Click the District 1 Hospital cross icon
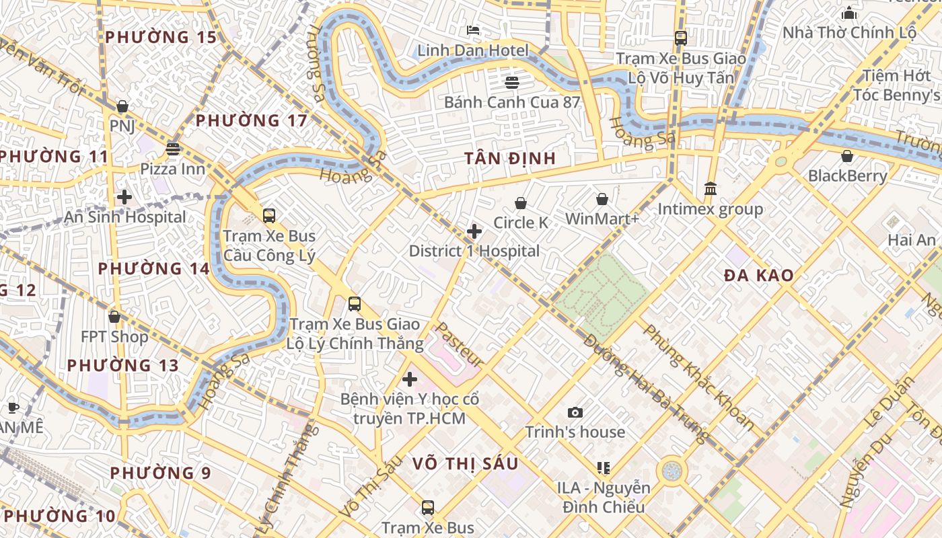click(474, 231)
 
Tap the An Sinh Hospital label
click(124, 217)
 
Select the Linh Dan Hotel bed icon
click(473, 30)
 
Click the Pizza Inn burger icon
click(173, 149)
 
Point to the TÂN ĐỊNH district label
click(510, 159)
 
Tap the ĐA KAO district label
click(758, 275)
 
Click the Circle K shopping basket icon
click(520, 203)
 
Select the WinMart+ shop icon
click(602, 199)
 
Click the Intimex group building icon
click(710, 189)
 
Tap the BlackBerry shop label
click(847, 176)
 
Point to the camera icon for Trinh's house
click(575, 412)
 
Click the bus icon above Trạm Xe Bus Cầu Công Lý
click(269, 216)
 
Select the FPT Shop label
click(114, 336)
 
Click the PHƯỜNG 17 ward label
click(251, 121)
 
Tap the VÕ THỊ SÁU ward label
click(465, 463)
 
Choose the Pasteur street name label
click(460, 345)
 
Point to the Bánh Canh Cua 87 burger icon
click(512, 83)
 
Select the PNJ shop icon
click(122, 106)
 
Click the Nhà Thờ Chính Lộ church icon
click(849, 13)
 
